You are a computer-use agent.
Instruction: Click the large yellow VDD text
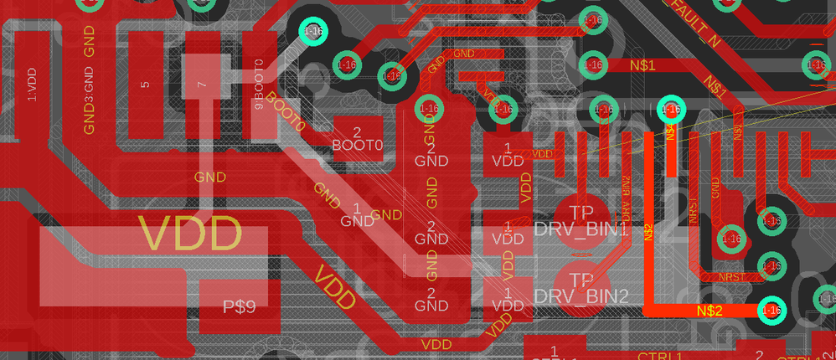point(190,234)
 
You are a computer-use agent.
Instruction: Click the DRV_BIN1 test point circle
point(580,220)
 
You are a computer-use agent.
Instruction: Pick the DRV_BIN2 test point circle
point(580,286)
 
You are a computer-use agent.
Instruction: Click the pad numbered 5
point(145,85)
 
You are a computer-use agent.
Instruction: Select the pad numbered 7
point(200,85)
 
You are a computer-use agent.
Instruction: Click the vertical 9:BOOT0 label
point(259,85)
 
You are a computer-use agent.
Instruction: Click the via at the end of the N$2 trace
point(771,310)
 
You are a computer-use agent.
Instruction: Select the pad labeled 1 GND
point(358,214)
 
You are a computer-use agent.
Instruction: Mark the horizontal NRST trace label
point(731,276)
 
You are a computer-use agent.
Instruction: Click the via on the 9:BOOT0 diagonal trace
point(313,32)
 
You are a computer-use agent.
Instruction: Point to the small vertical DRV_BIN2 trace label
point(626,194)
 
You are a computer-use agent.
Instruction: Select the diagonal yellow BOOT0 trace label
point(286,116)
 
